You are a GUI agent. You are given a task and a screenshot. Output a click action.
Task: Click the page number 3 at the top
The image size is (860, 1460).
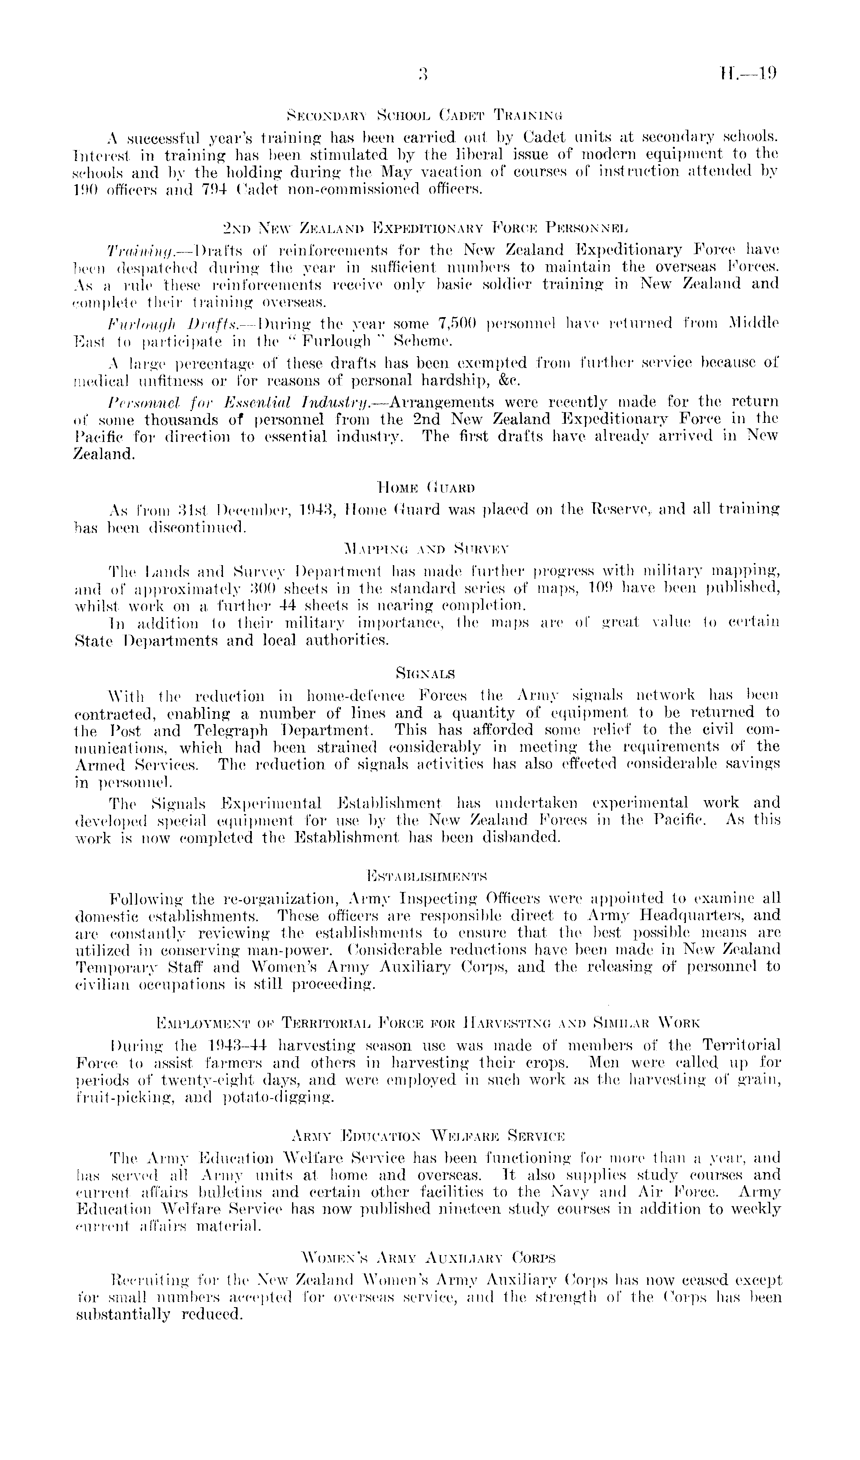422,74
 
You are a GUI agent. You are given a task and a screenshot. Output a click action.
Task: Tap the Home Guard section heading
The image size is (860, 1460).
426,487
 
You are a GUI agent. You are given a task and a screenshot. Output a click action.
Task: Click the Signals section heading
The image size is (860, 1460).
426,673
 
